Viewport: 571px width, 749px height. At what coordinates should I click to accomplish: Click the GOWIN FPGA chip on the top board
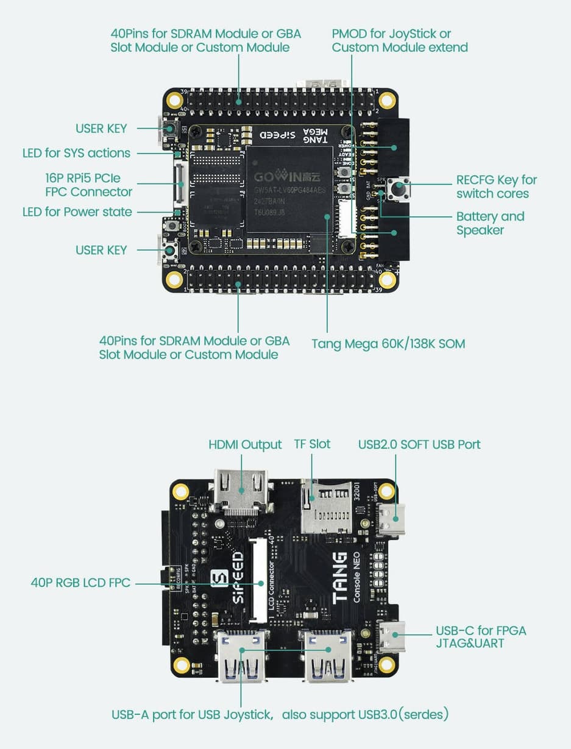click(x=289, y=189)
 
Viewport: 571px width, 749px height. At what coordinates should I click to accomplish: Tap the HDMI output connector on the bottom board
click(x=241, y=491)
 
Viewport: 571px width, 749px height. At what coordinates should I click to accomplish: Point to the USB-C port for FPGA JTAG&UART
click(x=391, y=636)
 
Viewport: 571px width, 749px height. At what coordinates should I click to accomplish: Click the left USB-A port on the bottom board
click(x=242, y=656)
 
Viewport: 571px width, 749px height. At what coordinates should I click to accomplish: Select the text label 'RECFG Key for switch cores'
click(x=497, y=187)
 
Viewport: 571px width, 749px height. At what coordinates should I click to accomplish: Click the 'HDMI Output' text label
click(x=245, y=445)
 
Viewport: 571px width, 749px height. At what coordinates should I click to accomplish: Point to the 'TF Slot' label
click(x=312, y=444)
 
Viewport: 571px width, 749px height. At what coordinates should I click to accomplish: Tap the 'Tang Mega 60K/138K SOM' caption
click(x=388, y=344)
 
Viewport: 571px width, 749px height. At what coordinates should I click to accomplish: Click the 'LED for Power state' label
click(x=77, y=212)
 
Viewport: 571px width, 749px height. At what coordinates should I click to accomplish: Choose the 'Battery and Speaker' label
click(x=490, y=223)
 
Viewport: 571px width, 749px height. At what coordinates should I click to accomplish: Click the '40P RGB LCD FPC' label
click(x=80, y=583)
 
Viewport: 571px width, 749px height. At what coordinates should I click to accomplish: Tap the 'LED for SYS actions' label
click(x=76, y=153)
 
